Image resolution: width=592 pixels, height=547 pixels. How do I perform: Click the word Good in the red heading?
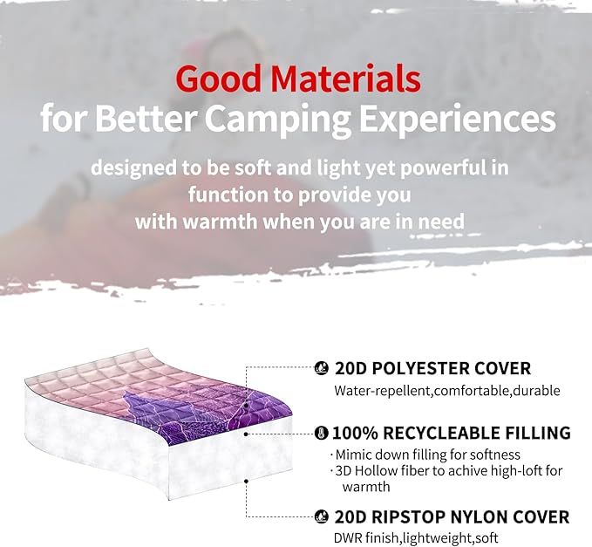[216, 79]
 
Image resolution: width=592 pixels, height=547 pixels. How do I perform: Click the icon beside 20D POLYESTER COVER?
[321, 369]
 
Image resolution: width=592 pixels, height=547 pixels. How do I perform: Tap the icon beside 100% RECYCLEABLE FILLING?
[321, 433]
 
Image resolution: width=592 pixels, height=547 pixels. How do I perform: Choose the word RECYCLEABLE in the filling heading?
[440, 433]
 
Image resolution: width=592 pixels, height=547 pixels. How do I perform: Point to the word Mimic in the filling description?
[356, 455]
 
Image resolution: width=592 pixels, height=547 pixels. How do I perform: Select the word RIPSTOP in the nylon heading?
[410, 516]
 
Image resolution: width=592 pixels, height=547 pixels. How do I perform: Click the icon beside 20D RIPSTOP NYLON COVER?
[321, 516]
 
